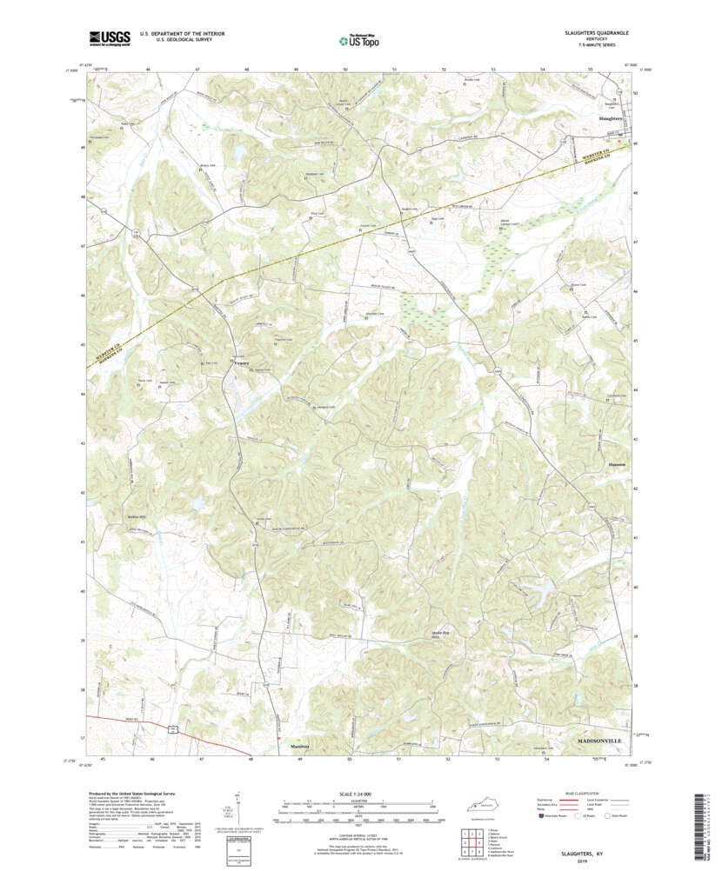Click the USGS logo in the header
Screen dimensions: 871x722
pyautogui.click(x=109, y=37)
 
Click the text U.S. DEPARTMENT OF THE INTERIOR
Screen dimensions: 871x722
pyautogui.click(x=176, y=34)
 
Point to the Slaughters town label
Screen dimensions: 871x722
pyautogui.click(x=610, y=116)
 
